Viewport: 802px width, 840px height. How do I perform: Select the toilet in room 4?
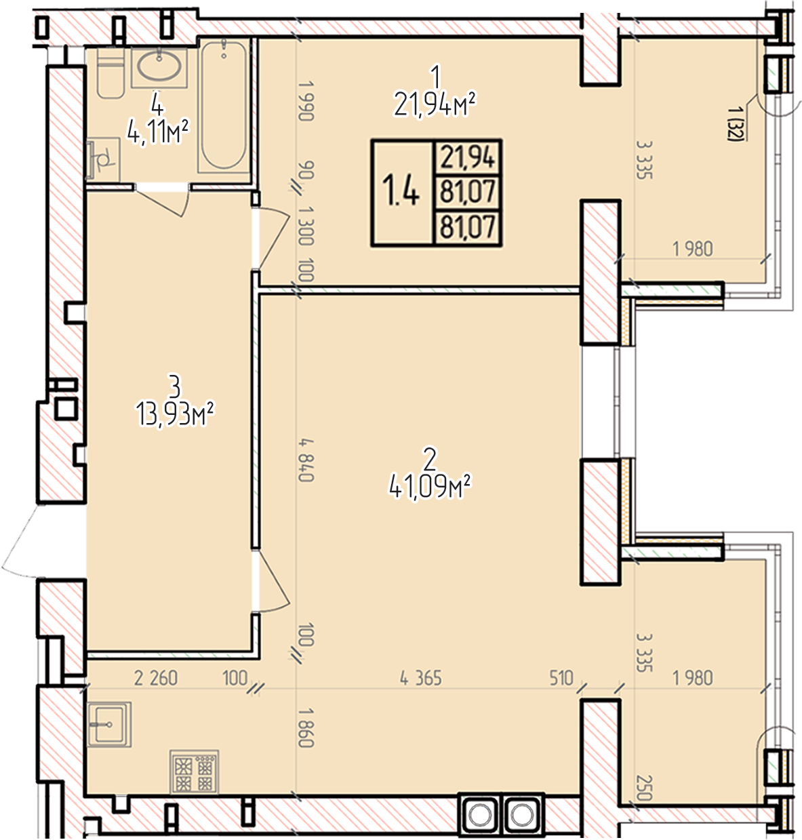[x=111, y=73]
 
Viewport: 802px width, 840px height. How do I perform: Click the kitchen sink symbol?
[x=108, y=725]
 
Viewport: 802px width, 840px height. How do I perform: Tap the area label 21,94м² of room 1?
[x=435, y=105]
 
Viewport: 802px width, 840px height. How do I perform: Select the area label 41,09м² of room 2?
[x=430, y=487]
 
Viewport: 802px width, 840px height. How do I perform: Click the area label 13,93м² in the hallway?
[x=176, y=414]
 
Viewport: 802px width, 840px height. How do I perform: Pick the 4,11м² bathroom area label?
[x=158, y=132]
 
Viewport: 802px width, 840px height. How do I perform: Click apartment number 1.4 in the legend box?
[x=401, y=193]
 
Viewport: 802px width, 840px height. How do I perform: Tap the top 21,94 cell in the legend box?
[x=468, y=157]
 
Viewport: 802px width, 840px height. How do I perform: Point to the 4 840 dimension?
[x=306, y=460]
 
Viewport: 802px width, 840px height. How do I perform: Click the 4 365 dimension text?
[x=421, y=679]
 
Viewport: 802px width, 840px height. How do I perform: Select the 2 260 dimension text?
[x=156, y=679]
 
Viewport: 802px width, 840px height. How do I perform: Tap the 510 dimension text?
[x=561, y=679]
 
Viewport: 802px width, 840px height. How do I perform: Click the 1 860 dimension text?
[x=306, y=727]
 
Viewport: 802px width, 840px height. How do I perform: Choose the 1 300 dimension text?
[x=306, y=225]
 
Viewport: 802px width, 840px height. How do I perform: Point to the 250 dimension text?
[x=644, y=788]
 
